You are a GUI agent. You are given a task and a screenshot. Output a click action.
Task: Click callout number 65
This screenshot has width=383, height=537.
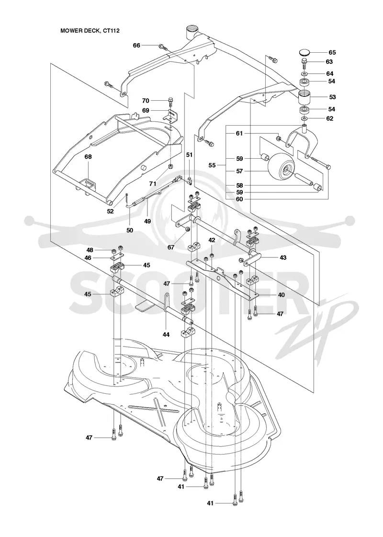[332, 52]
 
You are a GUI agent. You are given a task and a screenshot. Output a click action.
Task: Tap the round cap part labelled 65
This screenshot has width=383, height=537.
[304, 52]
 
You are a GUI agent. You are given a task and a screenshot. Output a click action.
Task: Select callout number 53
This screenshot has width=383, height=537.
[332, 97]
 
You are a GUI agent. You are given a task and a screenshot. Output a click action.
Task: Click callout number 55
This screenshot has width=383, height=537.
[212, 165]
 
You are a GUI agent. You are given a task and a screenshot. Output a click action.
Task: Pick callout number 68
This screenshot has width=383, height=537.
[88, 157]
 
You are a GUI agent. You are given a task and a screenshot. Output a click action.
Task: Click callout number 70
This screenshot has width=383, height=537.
[146, 101]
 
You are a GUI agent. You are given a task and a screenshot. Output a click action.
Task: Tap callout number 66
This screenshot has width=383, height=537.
[136, 45]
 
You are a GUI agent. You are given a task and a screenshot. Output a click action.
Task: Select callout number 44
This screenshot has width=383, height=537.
[166, 335]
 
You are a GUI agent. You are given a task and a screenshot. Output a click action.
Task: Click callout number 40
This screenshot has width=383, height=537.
[281, 295]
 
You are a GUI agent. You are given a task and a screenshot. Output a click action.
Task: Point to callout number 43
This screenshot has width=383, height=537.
[283, 257]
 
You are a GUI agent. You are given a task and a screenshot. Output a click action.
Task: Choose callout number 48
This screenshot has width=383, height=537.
[90, 250]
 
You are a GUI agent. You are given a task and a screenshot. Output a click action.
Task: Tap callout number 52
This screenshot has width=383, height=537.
[110, 211]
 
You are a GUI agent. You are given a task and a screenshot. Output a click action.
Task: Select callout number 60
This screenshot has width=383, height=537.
[239, 198]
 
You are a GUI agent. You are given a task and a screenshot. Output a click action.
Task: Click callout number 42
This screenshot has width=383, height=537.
[212, 240]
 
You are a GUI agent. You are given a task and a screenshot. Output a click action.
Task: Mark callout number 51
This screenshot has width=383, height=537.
[189, 155]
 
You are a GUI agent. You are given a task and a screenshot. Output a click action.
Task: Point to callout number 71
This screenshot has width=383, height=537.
[153, 184]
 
